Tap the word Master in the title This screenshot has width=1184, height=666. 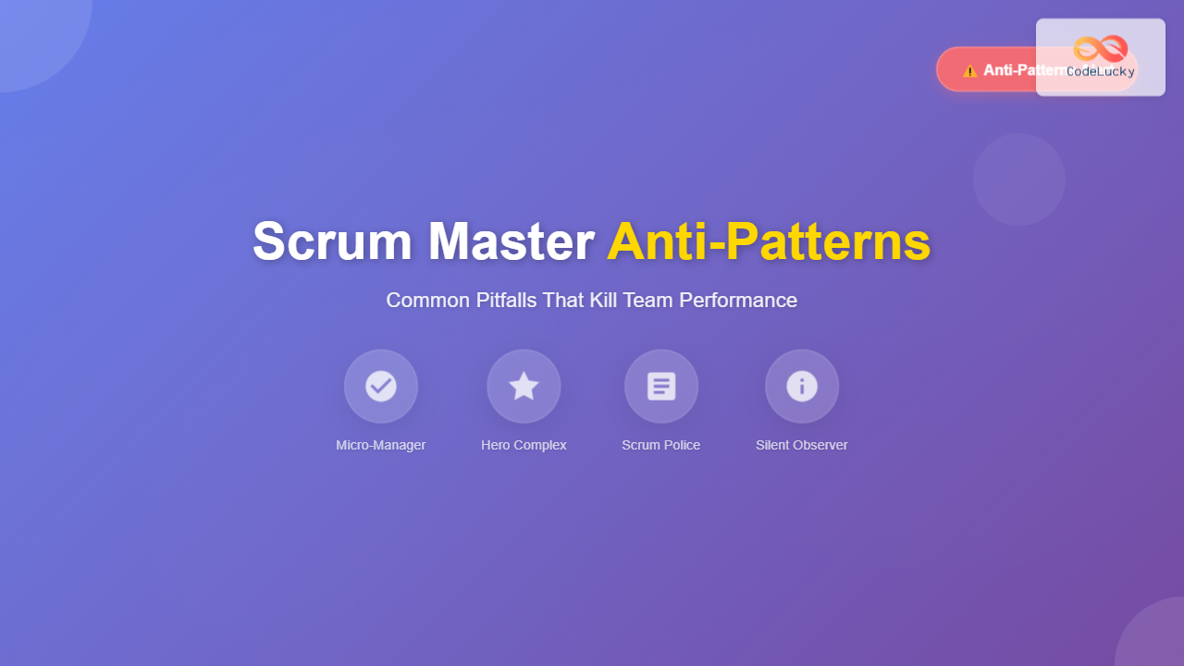pyautogui.click(x=511, y=241)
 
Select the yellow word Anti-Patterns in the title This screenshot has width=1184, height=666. pyautogui.click(x=769, y=241)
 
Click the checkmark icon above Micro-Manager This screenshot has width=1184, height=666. pyautogui.click(x=381, y=386)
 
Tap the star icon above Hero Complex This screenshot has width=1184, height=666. pyautogui.click(x=524, y=386)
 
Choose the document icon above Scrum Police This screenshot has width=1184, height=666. pyautogui.click(x=661, y=386)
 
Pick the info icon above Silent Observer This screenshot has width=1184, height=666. pyautogui.click(x=802, y=386)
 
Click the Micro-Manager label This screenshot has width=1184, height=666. pyautogui.click(x=381, y=445)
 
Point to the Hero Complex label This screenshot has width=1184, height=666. pyautogui.click(x=524, y=445)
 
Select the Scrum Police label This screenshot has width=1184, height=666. pyautogui.click(x=661, y=445)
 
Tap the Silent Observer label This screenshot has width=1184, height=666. pyautogui.click(x=802, y=445)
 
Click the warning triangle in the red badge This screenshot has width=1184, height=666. pyautogui.click(x=969, y=70)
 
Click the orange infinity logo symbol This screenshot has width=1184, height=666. pyautogui.click(x=1101, y=48)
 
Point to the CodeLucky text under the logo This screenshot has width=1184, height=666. pyautogui.click(x=1101, y=71)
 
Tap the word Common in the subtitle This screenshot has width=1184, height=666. pyautogui.click(x=421, y=301)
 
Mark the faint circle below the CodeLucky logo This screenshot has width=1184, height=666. pyautogui.click(x=1019, y=179)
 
